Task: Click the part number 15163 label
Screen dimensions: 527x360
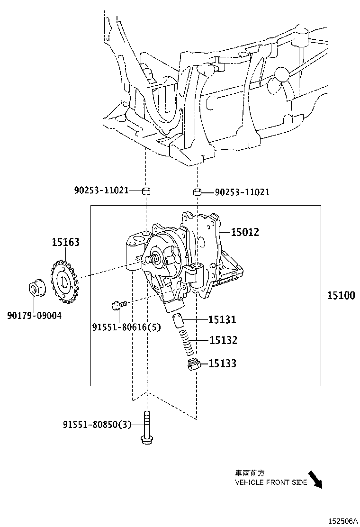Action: (65, 243)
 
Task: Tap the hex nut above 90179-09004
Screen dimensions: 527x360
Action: (35, 289)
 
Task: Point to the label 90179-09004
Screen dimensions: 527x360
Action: (34, 315)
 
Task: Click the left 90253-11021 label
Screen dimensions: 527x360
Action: (101, 191)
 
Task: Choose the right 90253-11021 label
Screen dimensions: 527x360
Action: (242, 192)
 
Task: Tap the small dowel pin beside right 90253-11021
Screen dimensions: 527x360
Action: (197, 192)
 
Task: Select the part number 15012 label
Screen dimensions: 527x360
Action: (245, 232)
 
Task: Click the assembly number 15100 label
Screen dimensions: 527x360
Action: (341, 296)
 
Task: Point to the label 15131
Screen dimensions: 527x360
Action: (223, 320)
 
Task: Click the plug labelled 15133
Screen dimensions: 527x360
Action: (193, 365)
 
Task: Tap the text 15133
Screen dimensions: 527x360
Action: (223, 363)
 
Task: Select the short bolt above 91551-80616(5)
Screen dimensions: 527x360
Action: (118, 305)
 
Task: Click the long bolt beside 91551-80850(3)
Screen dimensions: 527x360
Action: (146, 427)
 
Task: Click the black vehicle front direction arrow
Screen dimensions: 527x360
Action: (314, 480)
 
